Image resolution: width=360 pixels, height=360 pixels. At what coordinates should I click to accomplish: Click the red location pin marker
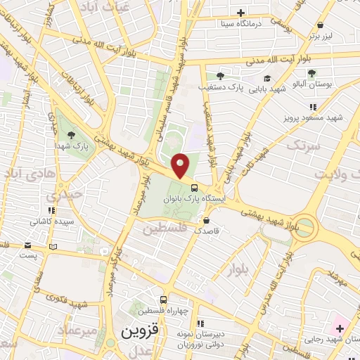coord(181,166)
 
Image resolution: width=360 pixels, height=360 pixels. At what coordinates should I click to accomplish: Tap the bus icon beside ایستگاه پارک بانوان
coord(193,186)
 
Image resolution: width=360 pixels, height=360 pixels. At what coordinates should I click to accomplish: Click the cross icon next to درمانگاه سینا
coord(240,13)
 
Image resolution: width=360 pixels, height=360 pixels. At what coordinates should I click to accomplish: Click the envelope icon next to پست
coord(28,246)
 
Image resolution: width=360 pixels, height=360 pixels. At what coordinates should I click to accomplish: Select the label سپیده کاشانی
coord(49,221)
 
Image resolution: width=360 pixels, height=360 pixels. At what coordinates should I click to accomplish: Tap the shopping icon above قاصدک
coord(205,220)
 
